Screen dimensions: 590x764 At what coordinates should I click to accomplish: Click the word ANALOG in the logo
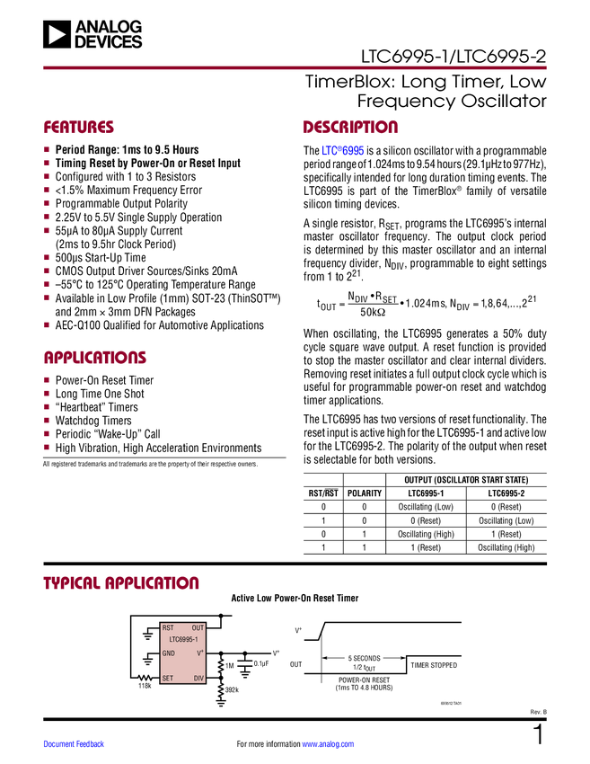108,27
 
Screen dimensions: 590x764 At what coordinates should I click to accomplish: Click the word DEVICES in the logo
108,41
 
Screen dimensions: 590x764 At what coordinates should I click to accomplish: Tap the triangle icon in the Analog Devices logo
57,34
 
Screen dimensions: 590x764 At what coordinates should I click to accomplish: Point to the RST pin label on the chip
168,628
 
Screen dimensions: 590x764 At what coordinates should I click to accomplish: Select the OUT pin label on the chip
198,628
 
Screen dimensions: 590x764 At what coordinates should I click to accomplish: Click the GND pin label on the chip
169,653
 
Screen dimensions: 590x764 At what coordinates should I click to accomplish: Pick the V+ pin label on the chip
200,653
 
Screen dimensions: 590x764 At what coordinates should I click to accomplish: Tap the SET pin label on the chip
168,679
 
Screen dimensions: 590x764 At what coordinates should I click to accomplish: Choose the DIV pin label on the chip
198,679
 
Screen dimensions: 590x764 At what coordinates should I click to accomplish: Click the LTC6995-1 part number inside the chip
183,640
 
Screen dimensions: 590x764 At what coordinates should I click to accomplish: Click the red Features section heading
79,128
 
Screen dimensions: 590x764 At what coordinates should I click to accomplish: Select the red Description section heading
350,128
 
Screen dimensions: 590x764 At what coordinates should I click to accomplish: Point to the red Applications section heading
95,358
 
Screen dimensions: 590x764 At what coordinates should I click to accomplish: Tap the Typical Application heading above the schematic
121,582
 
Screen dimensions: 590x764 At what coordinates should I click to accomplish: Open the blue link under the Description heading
344,151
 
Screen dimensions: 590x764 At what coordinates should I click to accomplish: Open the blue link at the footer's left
75,744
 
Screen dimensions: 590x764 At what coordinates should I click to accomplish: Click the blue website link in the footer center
329,744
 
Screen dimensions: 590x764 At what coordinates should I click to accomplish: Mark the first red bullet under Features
47,149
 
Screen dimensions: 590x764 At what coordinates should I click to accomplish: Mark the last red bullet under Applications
47,447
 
